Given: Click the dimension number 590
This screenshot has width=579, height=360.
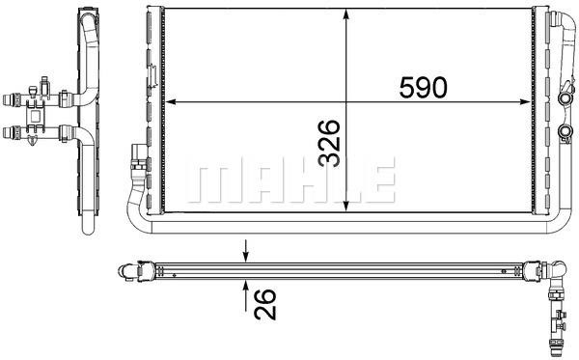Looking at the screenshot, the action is [424, 88].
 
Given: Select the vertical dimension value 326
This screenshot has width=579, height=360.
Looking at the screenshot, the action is [329, 143].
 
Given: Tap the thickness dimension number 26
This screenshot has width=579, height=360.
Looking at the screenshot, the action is [265, 304].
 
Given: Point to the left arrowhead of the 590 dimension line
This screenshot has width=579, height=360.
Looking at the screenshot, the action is [171, 101].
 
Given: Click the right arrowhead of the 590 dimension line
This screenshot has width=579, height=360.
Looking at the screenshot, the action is [524, 101].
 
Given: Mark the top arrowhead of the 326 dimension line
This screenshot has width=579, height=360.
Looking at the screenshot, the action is [346, 14].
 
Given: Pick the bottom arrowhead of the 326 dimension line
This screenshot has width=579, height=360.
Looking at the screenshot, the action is [346, 206].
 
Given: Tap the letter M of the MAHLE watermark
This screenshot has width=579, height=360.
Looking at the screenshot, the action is [208, 180].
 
